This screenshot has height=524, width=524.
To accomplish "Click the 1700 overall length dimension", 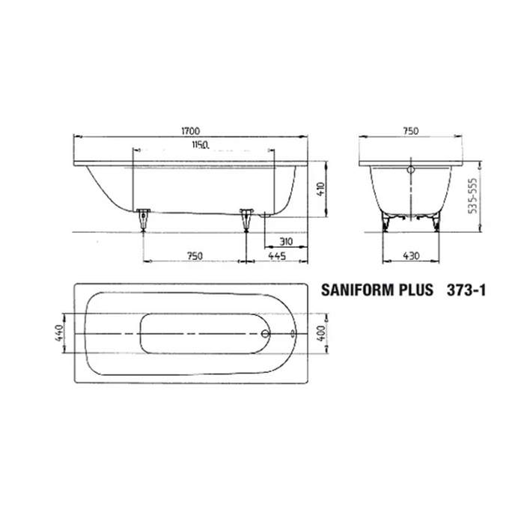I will click(189, 130).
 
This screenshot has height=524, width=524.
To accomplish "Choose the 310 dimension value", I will click(284, 242).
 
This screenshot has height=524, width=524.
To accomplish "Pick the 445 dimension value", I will click(278, 256).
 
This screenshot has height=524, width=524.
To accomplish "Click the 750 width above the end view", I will click(409, 130).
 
